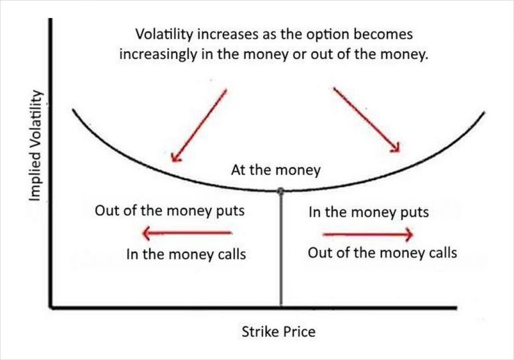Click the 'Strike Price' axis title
click(279, 331)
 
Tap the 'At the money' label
click(276, 170)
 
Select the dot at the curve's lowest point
click(280, 191)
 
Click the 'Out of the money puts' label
click(169, 212)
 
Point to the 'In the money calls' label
click(185, 254)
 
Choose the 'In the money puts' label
click(368, 213)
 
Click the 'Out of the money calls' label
click(382, 253)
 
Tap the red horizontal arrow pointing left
click(188, 234)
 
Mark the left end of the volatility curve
click(74, 108)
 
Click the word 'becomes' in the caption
click(383, 33)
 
